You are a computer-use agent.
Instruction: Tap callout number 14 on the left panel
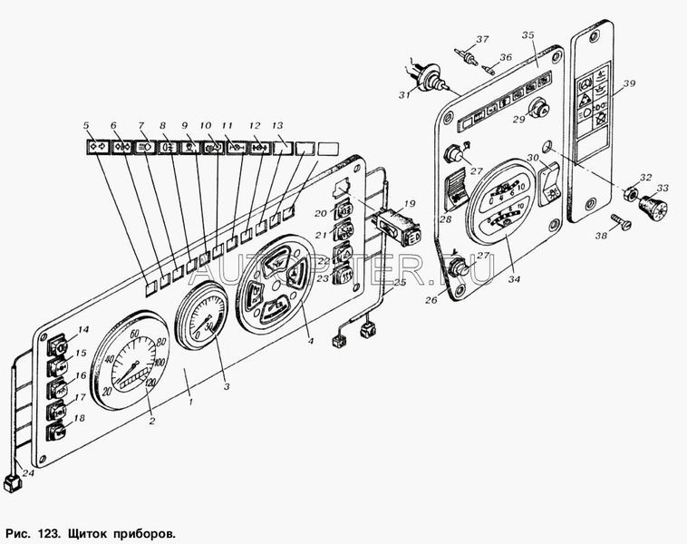point(82,331)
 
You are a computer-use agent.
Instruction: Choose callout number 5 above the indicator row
point(86,124)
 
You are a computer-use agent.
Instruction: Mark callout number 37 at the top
point(482,39)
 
